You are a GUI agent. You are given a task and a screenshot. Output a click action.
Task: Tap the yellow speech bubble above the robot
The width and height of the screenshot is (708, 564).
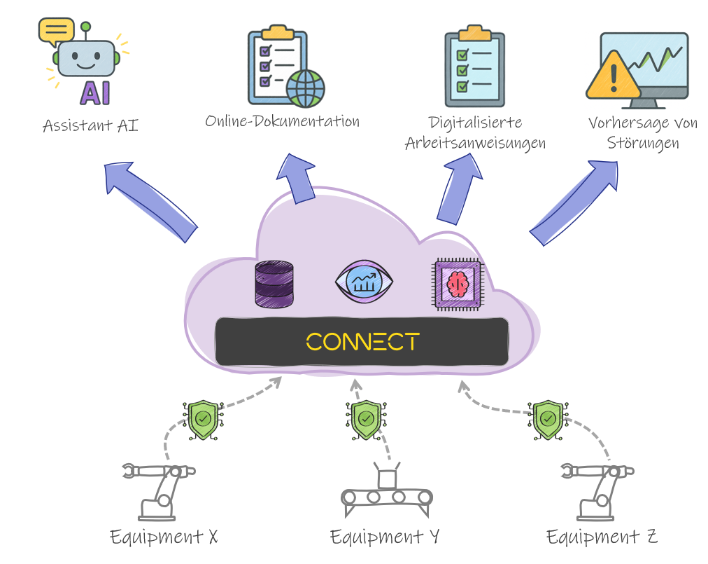(x=56, y=31)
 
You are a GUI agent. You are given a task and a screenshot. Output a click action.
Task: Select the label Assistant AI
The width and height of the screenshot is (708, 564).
(x=90, y=126)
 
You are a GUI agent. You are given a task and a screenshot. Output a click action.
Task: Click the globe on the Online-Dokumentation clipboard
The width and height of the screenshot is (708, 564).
(x=305, y=88)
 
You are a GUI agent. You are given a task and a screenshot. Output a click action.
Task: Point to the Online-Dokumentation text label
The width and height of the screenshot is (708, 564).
(x=282, y=121)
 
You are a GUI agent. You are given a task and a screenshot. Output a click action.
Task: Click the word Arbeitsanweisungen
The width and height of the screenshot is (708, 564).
(x=475, y=144)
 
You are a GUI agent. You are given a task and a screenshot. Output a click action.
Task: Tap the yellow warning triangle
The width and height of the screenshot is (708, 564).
(x=614, y=75)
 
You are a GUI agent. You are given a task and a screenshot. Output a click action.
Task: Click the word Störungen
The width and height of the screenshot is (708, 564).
(x=643, y=144)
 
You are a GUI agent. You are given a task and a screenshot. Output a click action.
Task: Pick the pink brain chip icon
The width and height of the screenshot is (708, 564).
(x=458, y=282)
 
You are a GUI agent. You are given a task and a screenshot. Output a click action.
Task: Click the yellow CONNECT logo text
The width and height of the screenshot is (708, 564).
(x=362, y=342)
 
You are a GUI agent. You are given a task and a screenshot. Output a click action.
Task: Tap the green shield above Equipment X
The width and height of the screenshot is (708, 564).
(x=203, y=419)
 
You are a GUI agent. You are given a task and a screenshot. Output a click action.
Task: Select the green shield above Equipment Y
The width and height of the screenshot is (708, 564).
(x=366, y=419)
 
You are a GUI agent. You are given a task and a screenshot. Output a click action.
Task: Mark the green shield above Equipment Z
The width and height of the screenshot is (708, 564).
(x=548, y=419)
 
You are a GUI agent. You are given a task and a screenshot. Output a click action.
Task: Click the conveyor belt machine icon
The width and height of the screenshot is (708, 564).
(x=386, y=491)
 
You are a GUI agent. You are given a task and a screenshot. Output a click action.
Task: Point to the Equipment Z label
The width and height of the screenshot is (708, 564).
(x=602, y=537)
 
